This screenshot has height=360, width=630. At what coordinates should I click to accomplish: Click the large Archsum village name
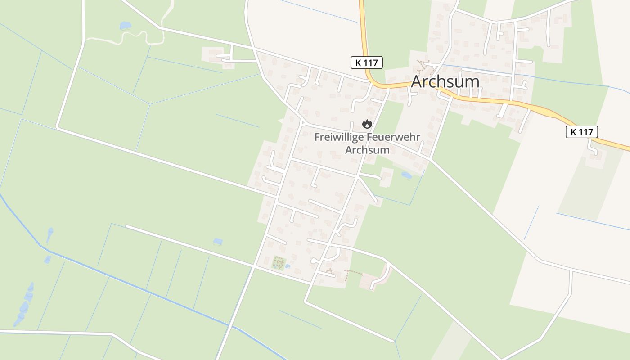coord(445,82)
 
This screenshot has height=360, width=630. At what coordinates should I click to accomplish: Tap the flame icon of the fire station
coord(367,123)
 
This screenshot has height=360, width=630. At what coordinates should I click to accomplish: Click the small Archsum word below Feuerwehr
coord(367,150)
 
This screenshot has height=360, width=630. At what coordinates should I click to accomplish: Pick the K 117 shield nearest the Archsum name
coord(366,63)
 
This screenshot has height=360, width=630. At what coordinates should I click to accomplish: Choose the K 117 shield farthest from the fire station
coord(581,132)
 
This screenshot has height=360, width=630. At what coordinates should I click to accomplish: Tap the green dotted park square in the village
coord(279,262)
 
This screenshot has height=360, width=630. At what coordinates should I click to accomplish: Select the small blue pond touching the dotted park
coord(288,266)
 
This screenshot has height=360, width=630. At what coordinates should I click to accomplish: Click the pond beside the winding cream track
coord(125,26)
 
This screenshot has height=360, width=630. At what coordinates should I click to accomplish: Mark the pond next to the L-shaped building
coord(406,175)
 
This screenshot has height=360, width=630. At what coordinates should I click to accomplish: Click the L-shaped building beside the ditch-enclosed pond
coord(387,177)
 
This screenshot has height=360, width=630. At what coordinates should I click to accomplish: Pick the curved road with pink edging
coord(382,277)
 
